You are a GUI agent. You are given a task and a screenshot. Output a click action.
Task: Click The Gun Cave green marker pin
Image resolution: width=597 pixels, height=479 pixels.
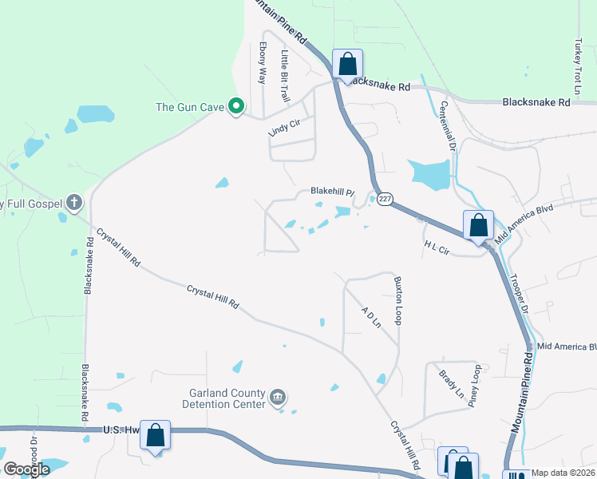(x=235, y=106)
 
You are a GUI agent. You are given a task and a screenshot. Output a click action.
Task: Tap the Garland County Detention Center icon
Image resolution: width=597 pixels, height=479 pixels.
(x=278, y=397)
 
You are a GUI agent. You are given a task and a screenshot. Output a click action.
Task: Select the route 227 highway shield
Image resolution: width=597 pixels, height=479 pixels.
(x=383, y=200)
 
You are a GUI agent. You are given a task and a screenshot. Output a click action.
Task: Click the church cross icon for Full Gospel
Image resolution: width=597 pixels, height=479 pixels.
(x=74, y=203)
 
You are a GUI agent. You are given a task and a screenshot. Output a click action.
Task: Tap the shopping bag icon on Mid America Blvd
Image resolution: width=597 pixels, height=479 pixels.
(x=478, y=224)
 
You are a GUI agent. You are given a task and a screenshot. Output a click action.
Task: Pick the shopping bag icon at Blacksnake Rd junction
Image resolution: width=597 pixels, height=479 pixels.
(x=347, y=63)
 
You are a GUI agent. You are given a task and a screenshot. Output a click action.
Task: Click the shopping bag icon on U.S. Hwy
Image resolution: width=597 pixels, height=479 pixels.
(x=155, y=435)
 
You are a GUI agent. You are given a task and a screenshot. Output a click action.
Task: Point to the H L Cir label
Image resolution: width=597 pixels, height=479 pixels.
(x=437, y=249)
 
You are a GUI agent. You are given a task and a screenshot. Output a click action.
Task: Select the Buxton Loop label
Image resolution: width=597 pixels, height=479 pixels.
(x=397, y=293)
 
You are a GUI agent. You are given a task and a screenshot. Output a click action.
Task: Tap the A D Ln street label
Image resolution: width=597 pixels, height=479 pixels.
(x=370, y=320)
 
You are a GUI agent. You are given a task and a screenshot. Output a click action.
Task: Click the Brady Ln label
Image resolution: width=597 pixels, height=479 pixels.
(x=451, y=382)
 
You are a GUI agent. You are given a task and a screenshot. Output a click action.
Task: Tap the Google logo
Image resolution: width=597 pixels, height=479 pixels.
(x=27, y=469)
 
